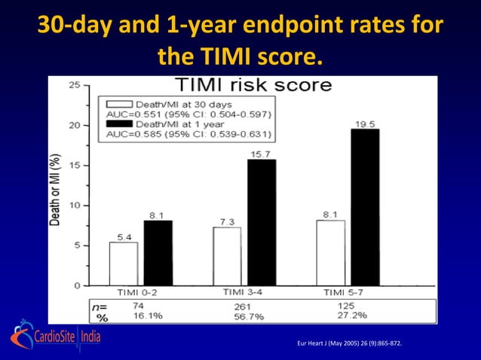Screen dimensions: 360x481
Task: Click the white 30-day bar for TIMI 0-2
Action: [124, 264]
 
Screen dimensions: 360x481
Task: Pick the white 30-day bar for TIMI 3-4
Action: [226, 256]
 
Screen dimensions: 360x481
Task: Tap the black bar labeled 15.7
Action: [262, 222]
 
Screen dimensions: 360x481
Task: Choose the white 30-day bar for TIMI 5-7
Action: [329, 253]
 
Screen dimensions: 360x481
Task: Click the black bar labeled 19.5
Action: [365, 207]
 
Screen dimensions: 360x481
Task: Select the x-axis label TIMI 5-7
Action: [343, 292]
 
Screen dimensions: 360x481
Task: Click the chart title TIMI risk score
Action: [253, 84]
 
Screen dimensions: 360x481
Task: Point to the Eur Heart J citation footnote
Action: [351, 344]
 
